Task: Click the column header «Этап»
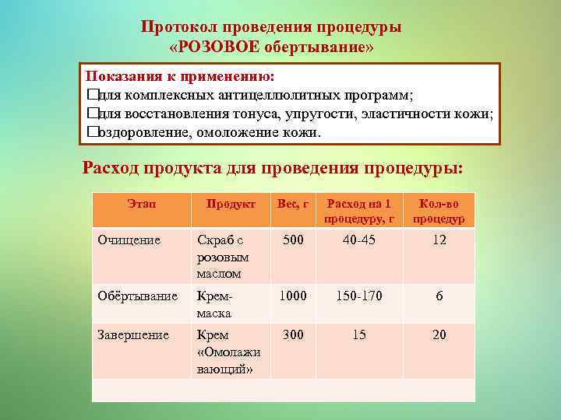pos(141,204)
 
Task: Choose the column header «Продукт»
pos(231,204)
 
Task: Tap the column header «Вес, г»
pos(293,204)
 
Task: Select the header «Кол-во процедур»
pos(439,211)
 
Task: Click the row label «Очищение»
pos(129,240)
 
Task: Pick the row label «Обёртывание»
pos(137,296)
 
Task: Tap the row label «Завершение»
pos(132,335)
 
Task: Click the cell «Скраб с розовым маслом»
pos(222,257)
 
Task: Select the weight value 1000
pos(293,296)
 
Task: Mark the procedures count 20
pos(439,335)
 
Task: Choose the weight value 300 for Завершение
pos(293,335)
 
